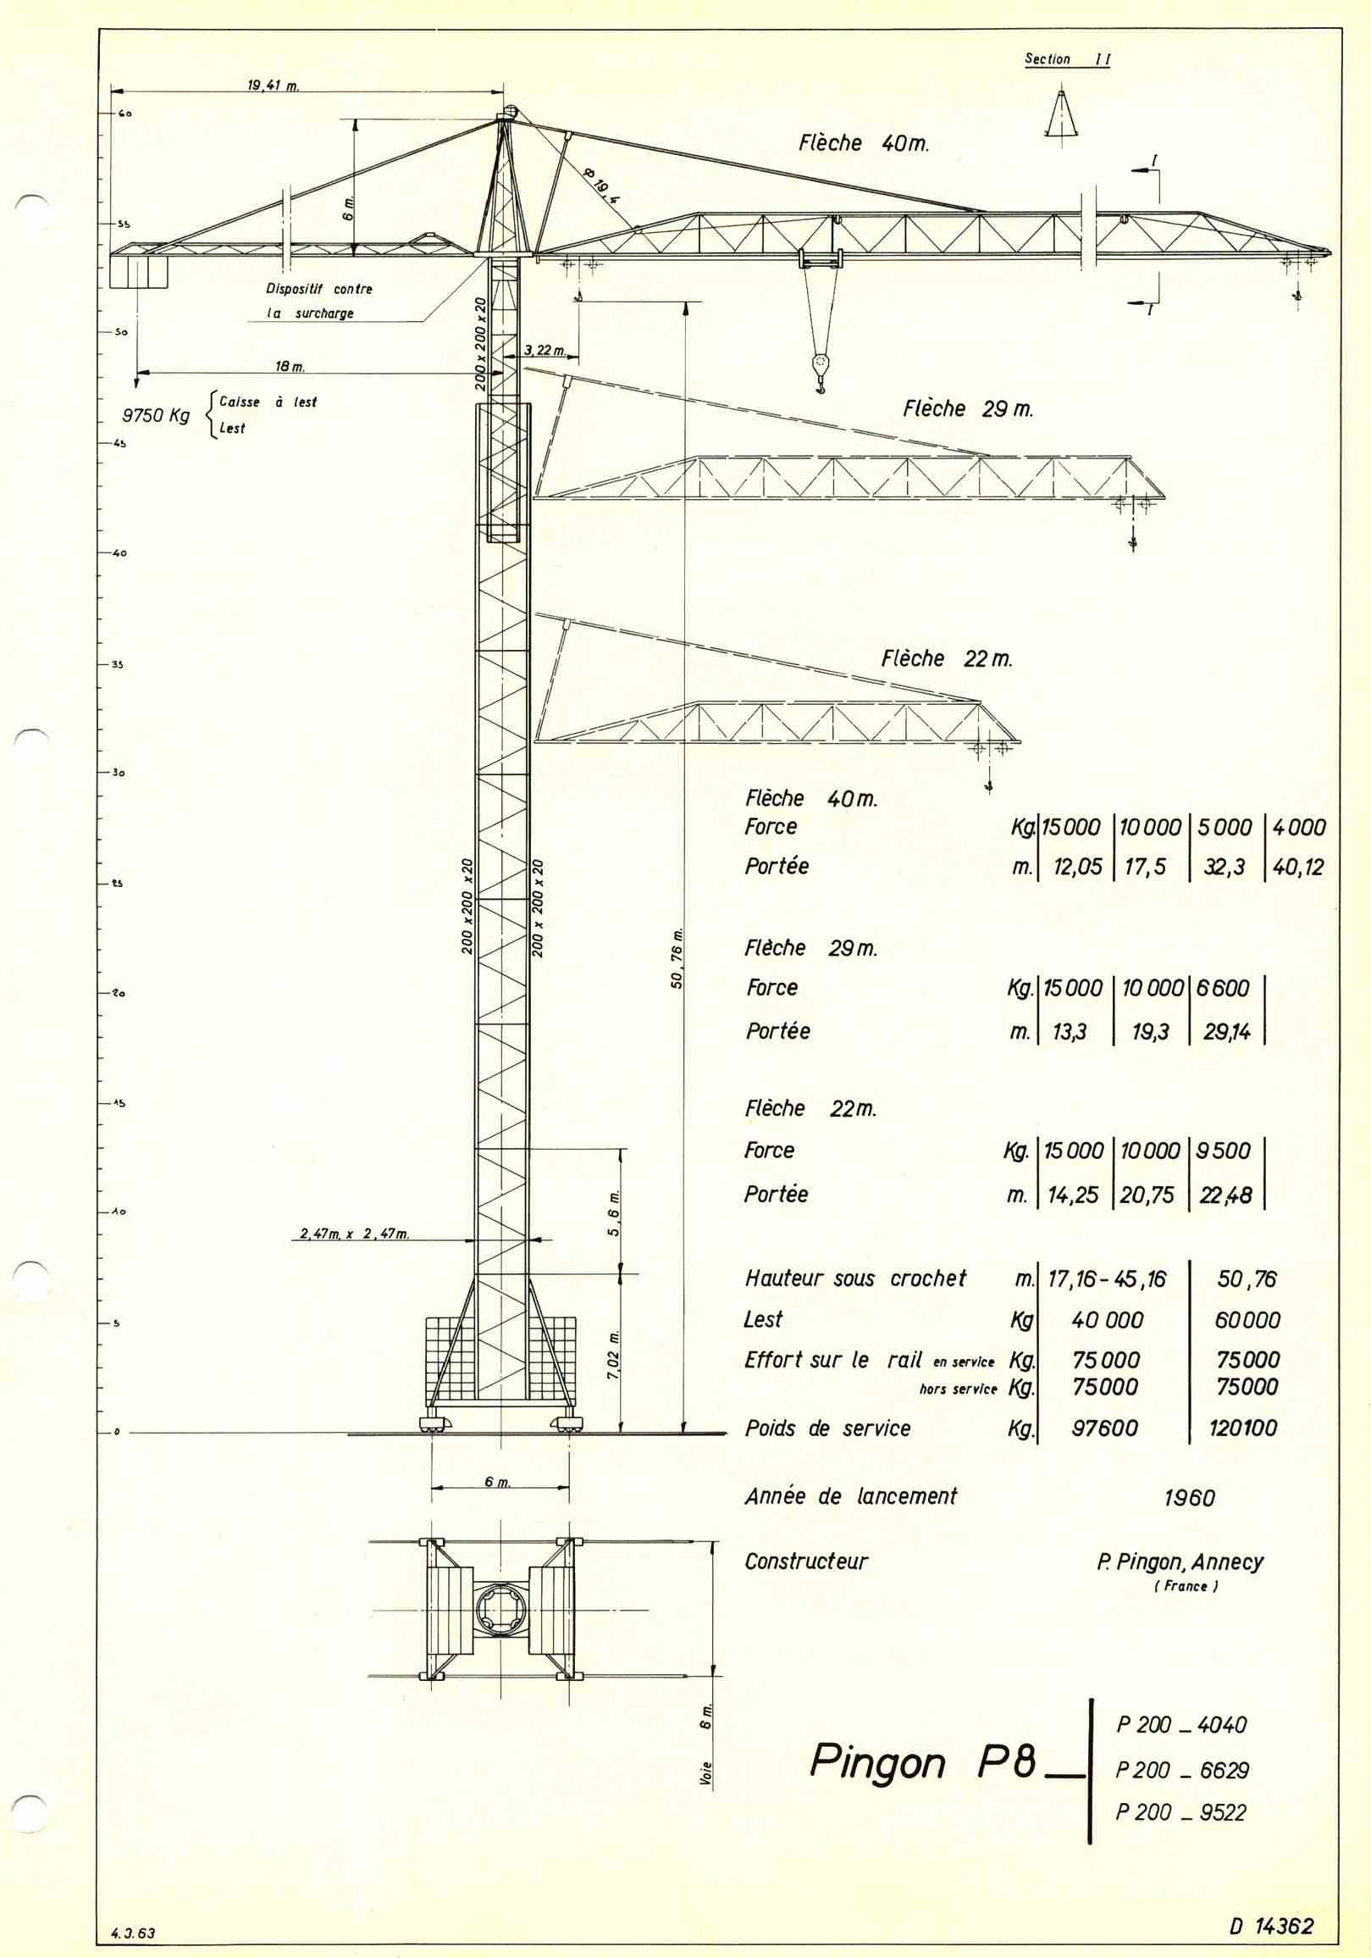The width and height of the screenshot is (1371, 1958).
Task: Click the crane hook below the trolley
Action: click(821, 370)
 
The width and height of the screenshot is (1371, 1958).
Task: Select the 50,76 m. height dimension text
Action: click(677, 957)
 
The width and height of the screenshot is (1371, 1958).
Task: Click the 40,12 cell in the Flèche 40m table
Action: click(1298, 868)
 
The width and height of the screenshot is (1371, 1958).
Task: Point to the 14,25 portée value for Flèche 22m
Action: click(1072, 1195)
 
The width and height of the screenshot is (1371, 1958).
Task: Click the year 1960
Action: click(1189, 1497)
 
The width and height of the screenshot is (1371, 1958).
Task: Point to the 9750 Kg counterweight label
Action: click(156, 417)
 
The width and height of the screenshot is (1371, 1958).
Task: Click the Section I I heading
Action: click(1067, 59)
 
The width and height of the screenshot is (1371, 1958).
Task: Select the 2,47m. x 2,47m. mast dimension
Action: click(355, 1234)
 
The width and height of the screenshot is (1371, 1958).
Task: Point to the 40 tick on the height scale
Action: click(118, 552)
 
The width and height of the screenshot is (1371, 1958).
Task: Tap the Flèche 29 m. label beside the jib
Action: click(968, 409)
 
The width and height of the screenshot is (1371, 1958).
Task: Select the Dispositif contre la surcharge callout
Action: click(319, 301)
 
